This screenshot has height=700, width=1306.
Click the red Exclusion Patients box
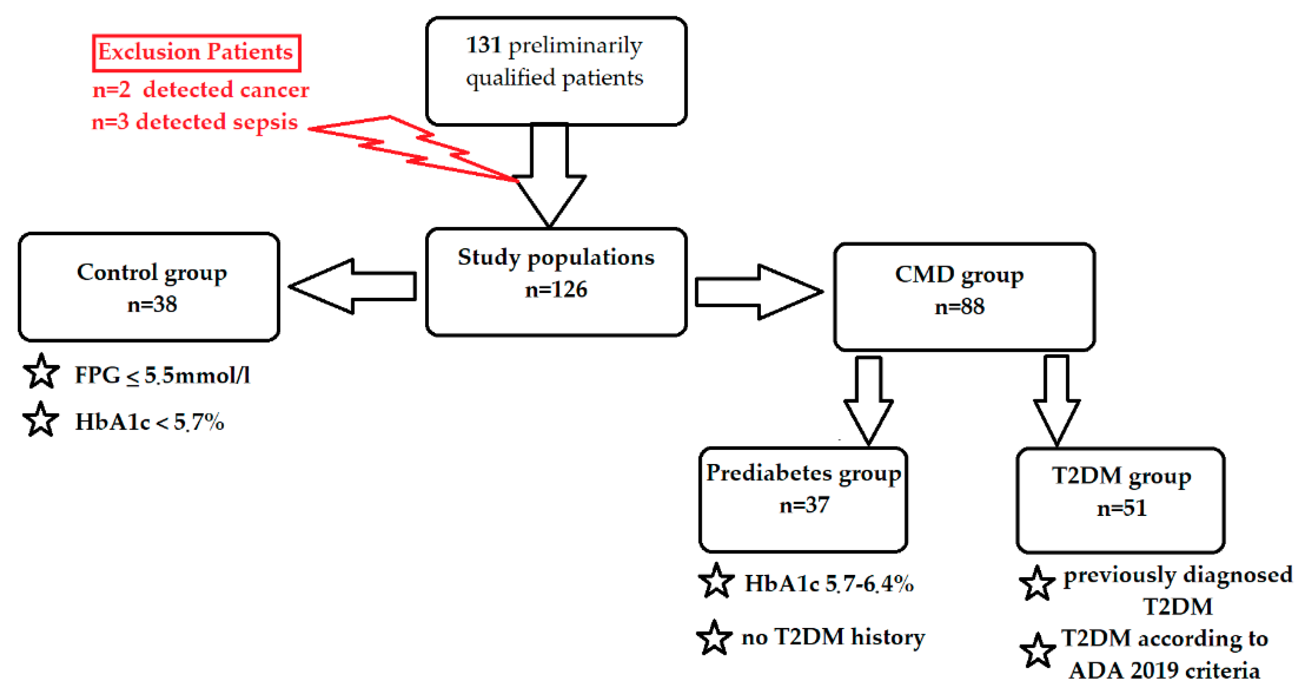[196, 53]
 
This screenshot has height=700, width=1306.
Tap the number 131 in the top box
[483, 45]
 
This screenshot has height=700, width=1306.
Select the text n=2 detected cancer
[200, 90]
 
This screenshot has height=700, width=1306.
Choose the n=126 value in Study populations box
[556, 289]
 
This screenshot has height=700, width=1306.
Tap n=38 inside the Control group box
[152, 304]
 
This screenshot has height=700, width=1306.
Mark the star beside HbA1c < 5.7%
[40, 420]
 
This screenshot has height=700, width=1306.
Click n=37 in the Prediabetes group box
[804, 505]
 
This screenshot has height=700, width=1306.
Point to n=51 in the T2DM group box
[1122, 508]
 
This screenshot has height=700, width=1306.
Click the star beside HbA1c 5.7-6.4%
[716, 581]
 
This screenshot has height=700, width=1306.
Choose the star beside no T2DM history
[714, 638]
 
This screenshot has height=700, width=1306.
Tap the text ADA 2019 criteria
[1164, 671]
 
